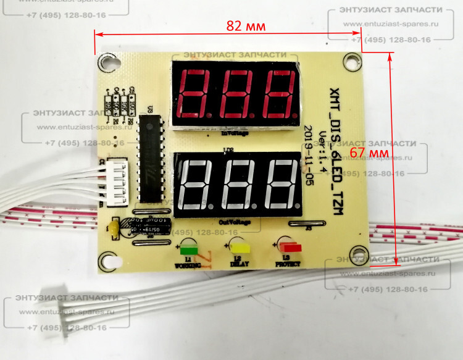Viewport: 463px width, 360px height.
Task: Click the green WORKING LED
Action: [x=188, y=250]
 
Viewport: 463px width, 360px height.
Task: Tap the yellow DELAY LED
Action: [x=239, y=248]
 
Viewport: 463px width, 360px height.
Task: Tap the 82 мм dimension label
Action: [x=246, y=27]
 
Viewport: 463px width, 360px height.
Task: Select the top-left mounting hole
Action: [x=109, y=62]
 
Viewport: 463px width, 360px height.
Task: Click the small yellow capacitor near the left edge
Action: [x=114, y=229]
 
